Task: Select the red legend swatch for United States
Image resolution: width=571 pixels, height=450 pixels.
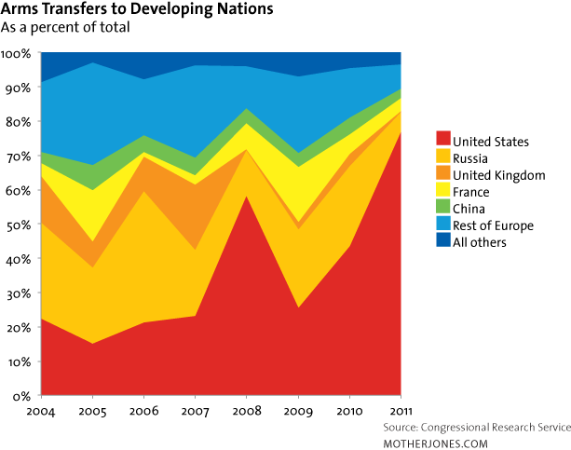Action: point(443,142)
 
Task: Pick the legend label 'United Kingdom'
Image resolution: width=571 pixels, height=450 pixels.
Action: point(499,174)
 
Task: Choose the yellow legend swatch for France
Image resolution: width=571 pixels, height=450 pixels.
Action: point(443,191)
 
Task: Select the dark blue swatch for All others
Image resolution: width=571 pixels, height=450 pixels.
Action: point(443,241)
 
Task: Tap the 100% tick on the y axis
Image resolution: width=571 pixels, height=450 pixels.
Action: point(18,53)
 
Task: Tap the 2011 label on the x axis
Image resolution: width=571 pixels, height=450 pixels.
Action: point(401,411)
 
